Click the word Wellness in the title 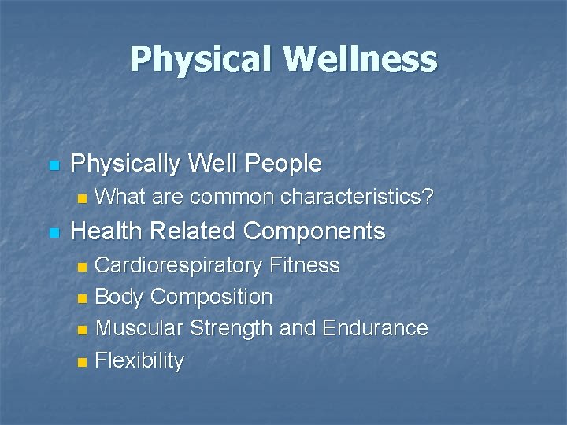point(361,60)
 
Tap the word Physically point(125,164)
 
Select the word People point(283,164)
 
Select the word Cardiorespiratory point(179,265)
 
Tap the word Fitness point(305,265)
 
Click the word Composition point(211,297)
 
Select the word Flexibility point(139,361)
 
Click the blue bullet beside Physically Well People point(54,165)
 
